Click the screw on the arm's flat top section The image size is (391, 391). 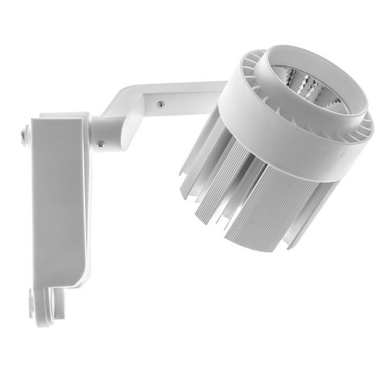pos(160,104)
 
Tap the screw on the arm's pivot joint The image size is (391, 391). pos(101,143)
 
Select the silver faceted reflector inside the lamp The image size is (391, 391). pos(309,89)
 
